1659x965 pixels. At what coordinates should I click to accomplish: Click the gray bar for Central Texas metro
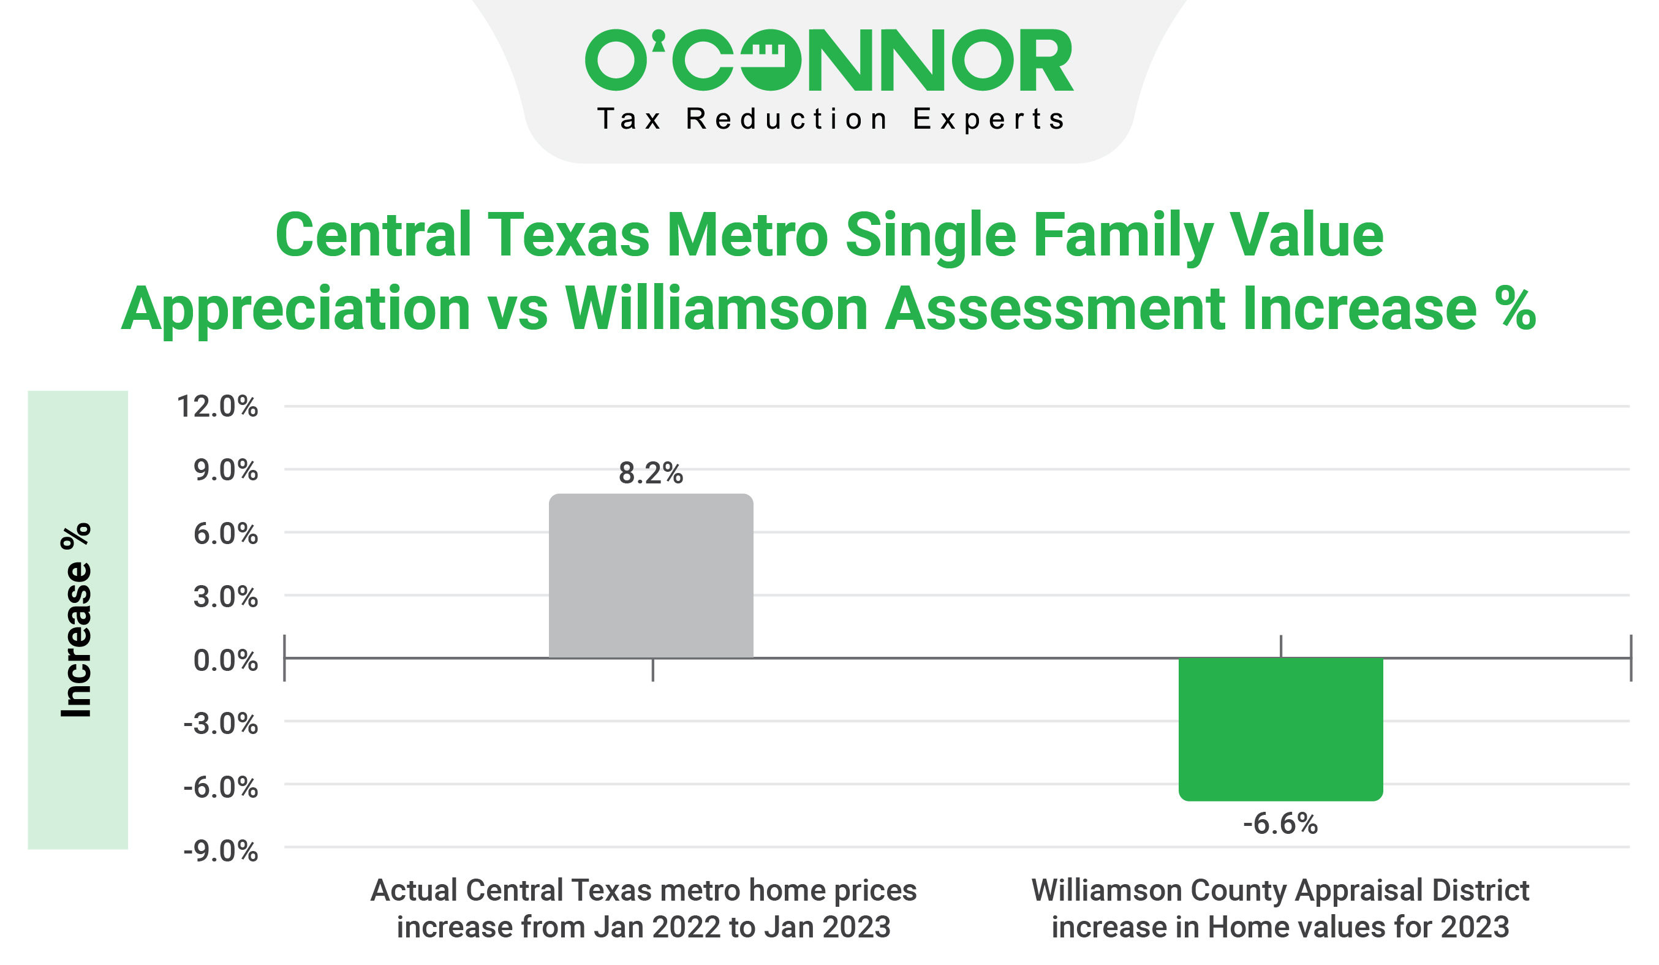click(651, 575)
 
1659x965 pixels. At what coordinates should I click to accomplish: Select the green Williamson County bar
click(1280, 728)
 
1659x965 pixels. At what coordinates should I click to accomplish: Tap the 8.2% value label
click(651, 473)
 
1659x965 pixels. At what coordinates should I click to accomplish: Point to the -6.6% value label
click(1280, 823)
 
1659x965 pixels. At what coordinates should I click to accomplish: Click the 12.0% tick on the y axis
click(217, 407)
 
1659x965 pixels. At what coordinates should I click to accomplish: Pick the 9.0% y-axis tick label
click(225, 470)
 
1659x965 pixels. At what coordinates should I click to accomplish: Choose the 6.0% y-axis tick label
click(225, 533)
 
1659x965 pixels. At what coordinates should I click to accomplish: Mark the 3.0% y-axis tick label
click(225, 596)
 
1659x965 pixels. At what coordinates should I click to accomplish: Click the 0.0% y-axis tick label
click(225, 660)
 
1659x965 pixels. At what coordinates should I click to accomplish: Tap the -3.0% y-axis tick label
click(221, 724)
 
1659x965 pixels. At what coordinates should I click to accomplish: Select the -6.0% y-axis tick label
click(221, 787)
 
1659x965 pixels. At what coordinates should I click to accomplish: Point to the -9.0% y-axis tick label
click(221, 851)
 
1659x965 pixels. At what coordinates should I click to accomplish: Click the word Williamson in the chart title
click(716, 309)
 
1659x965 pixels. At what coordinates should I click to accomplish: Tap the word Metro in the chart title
click(747, 235)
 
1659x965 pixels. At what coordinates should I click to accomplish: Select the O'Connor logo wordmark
click(829, 60)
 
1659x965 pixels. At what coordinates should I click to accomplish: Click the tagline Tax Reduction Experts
click(830, 119)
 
